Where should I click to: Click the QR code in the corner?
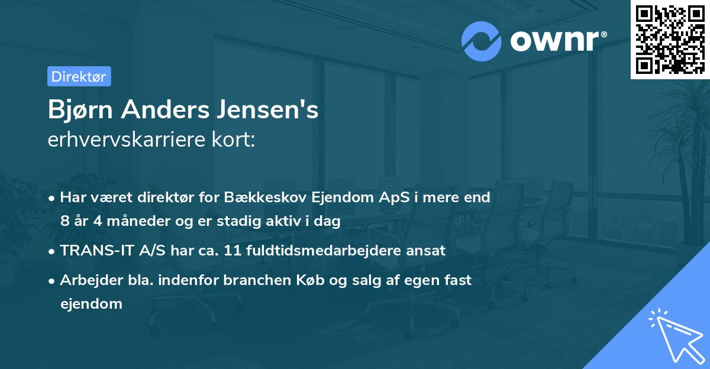pyautogui.click(x=670, y=39)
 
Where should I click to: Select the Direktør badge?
pyautogui.click(x=79, y=76)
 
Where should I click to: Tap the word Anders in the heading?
pyautogui.click(x=169, y=111)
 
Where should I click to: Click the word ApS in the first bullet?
pyautogui.click(x=389, y=198)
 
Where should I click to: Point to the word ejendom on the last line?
pyautogui.click(x=91, y=304)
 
